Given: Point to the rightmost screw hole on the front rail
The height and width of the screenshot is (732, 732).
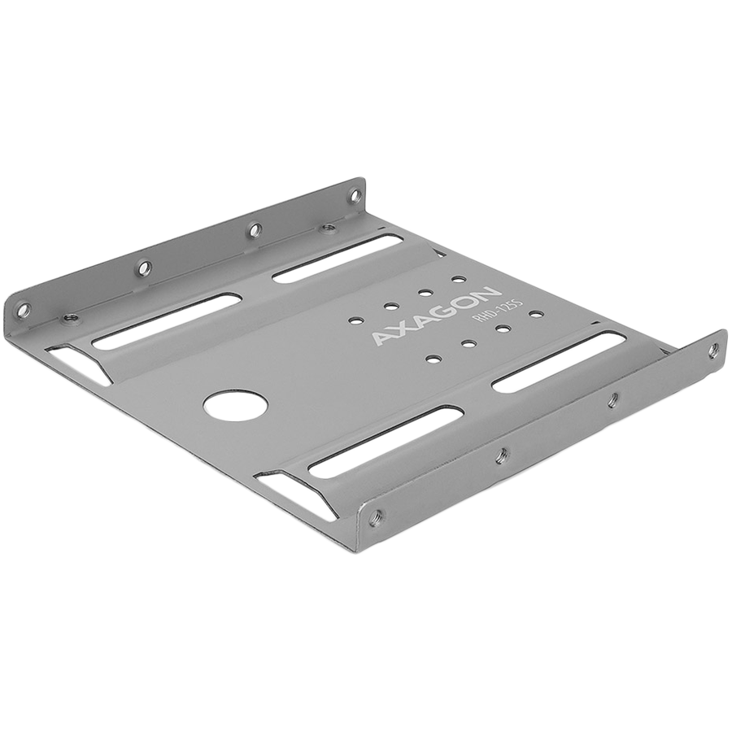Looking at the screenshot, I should tap(713, 348).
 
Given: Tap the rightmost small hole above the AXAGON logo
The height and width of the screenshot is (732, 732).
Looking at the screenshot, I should tap(459, 279).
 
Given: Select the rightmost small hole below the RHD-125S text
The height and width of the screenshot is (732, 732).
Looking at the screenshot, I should tap(535, 312).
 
